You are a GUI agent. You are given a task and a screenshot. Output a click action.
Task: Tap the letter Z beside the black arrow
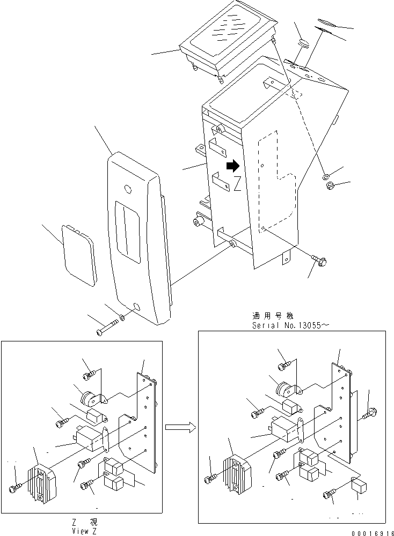pyautogui.click(x=237, y=185)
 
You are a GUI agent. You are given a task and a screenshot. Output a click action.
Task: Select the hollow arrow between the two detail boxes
pyautogui.click(x=178, y=427)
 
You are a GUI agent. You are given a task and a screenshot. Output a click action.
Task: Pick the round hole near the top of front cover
pyautogui.click(x=127, y=189)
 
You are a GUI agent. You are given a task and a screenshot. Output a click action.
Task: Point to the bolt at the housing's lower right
pyautogui.click(x=320, y=261)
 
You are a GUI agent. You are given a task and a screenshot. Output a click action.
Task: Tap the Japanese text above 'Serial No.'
pyautogui.click(x=273, y=316)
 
